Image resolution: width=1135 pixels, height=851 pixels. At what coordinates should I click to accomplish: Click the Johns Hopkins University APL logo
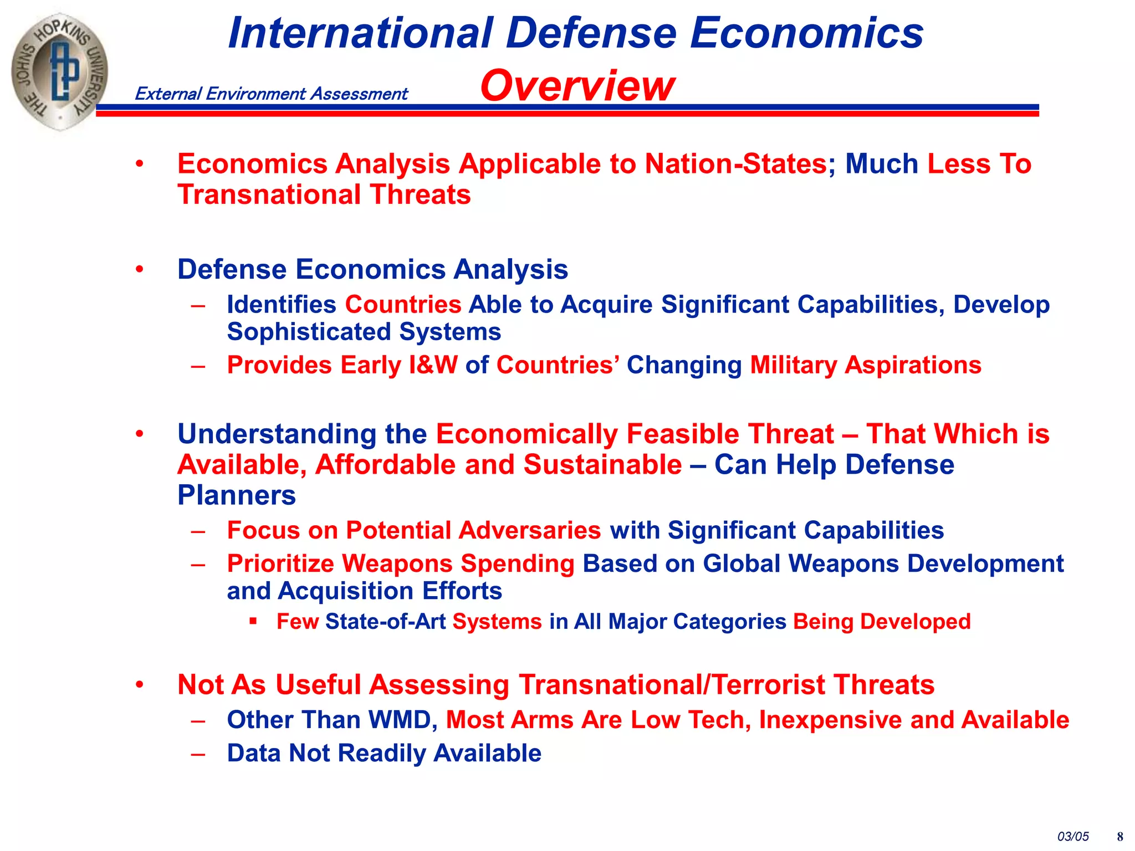60,72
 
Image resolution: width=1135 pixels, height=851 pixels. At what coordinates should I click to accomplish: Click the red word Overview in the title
577,86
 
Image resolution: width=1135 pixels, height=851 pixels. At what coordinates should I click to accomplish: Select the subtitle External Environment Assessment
271,94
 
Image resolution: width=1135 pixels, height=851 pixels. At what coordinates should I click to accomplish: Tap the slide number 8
1120,837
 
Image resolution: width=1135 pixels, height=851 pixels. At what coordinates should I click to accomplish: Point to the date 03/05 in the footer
1073,837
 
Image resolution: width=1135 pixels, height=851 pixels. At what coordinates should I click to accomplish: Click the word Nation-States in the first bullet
736,164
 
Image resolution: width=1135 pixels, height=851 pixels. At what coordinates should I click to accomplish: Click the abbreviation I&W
433,365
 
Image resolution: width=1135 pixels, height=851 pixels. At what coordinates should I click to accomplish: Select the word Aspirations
913,365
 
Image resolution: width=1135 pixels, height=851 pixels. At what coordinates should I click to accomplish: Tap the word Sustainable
602,464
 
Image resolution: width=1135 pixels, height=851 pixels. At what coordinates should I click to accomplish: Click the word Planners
237,495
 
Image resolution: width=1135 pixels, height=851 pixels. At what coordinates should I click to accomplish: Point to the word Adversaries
529,530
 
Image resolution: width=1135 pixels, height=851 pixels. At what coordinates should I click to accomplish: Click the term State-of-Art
385,622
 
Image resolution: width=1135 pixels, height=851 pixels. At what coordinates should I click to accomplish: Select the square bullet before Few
253,621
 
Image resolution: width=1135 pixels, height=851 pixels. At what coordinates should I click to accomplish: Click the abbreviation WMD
400,720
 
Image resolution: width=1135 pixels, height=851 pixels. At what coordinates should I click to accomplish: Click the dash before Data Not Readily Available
198,753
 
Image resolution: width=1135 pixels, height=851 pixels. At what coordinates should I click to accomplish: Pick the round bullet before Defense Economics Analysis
140,269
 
